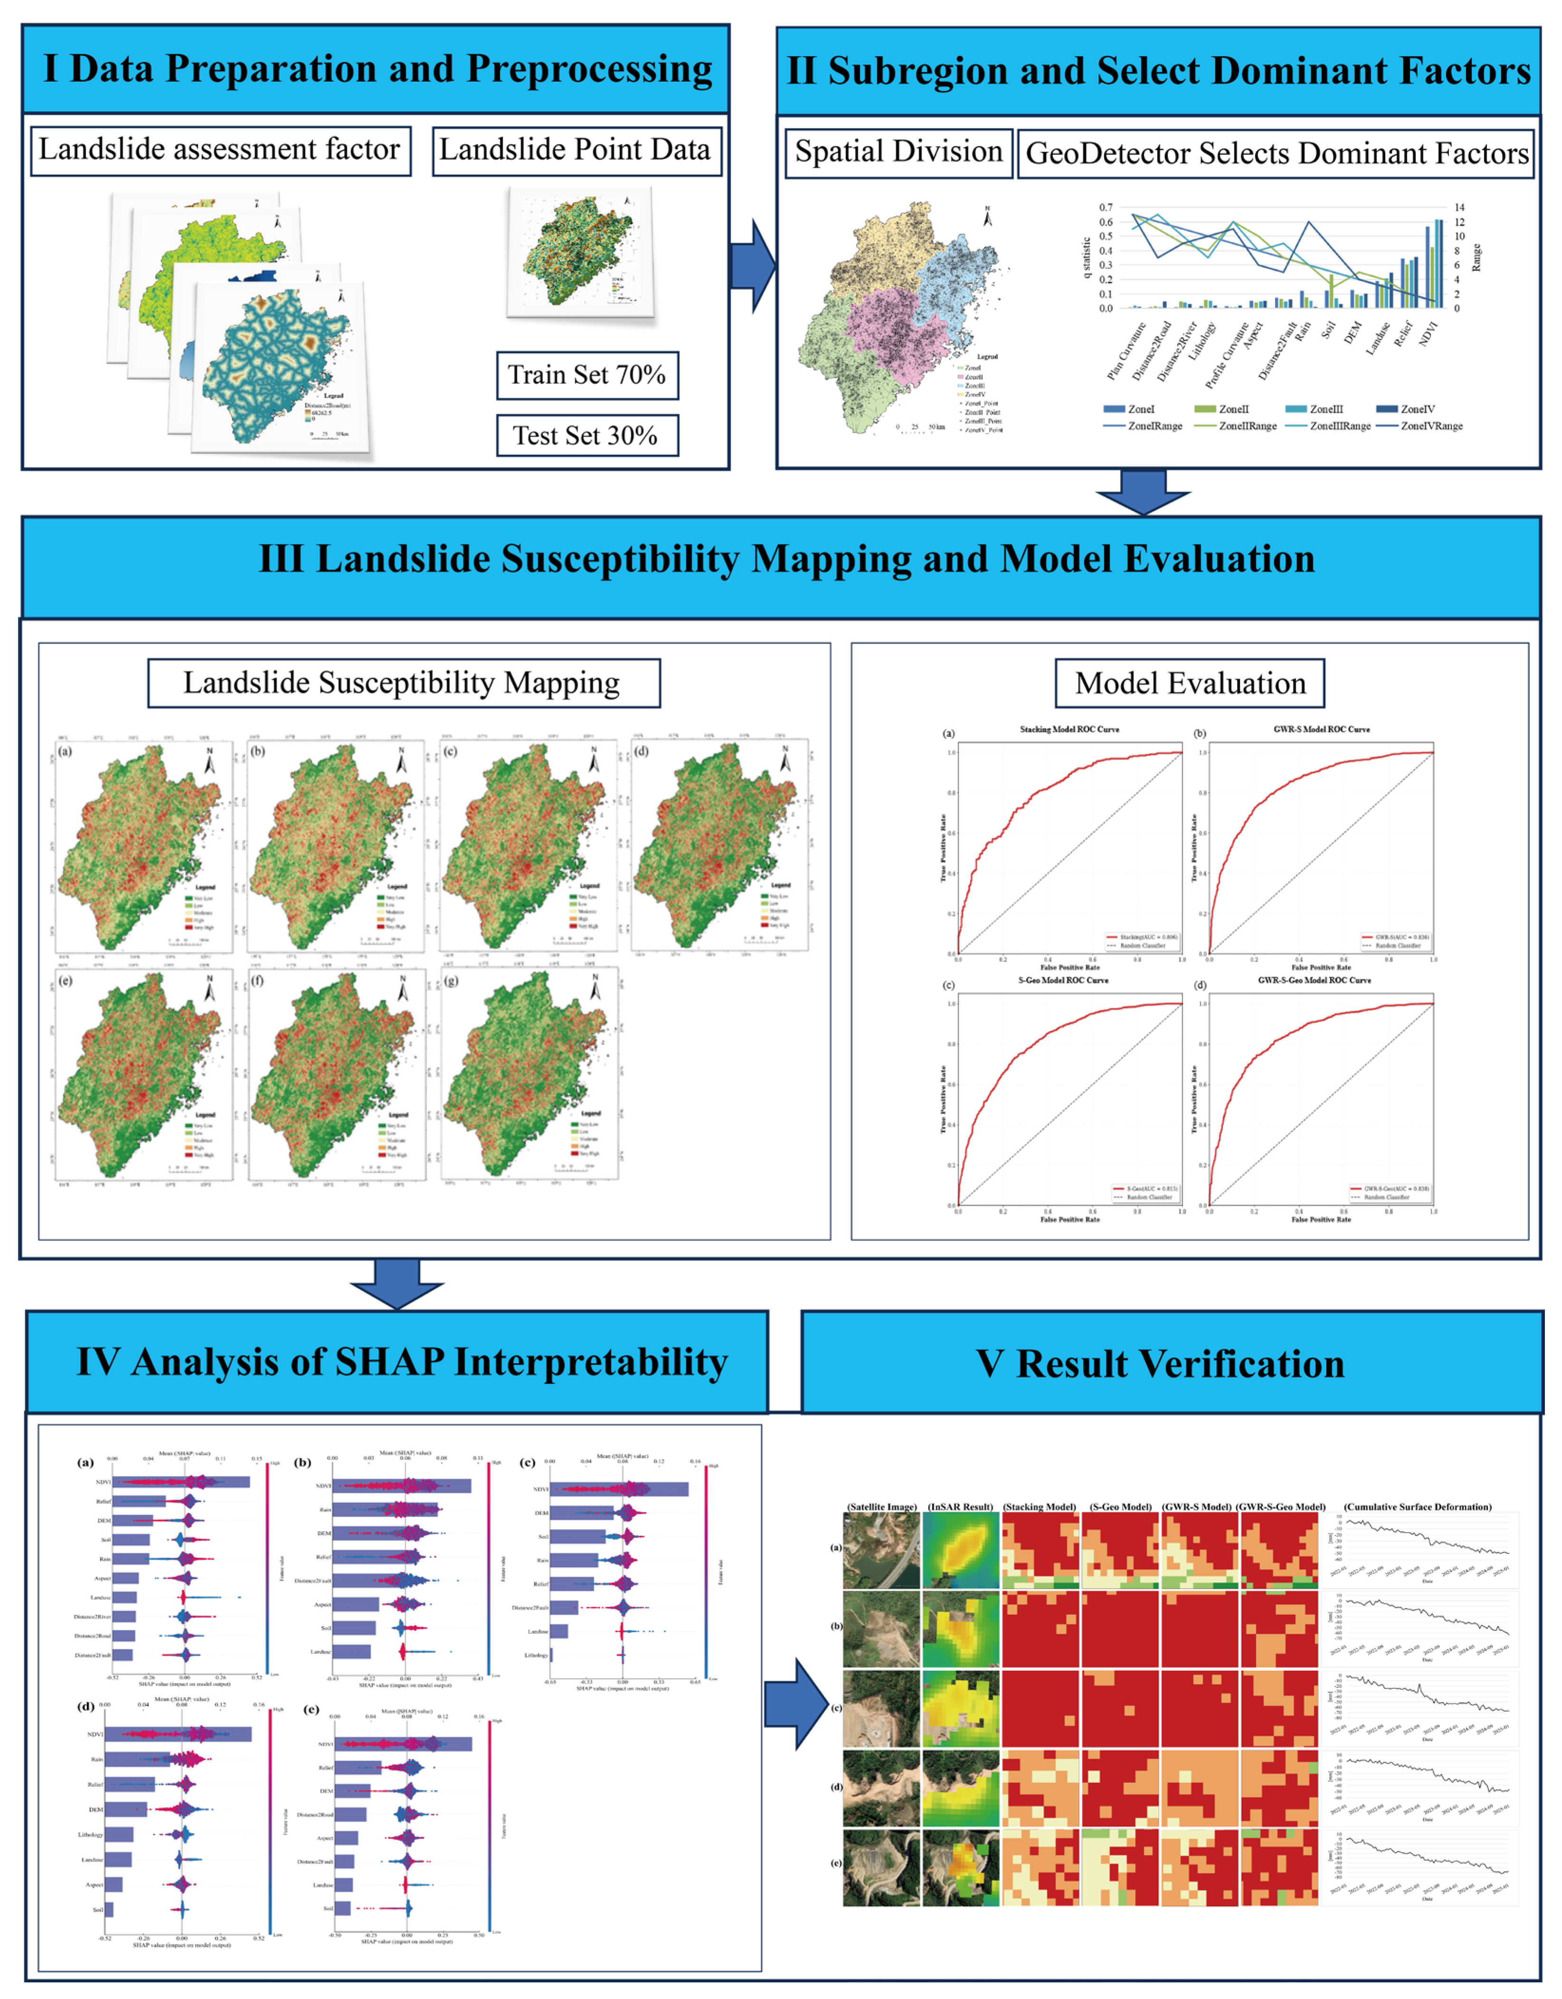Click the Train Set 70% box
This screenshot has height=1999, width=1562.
pos(587,375)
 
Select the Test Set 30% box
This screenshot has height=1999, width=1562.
pos(587,436)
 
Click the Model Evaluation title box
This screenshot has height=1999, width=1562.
pos(1190,684)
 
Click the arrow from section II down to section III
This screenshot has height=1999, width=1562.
pos(1143,493)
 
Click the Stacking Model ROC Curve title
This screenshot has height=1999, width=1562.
pos(1068,729)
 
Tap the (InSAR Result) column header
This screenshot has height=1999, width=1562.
pos(960,1506)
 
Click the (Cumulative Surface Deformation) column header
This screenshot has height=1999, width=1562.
pos(1417,1506)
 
